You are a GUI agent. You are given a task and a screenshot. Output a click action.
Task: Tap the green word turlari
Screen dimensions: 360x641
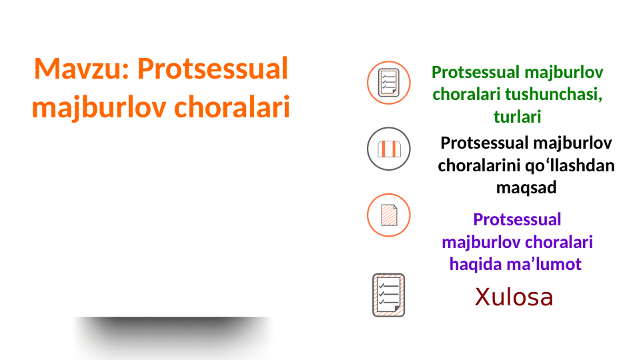click(x=517, y=117)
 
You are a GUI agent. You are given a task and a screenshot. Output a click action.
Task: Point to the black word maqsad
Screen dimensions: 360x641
click(x=526, y=188)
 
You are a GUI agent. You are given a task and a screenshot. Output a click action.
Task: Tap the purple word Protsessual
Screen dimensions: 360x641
click(x=517, y=219)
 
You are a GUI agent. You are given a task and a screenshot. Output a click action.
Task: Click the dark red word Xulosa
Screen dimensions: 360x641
click(x=514, y=297)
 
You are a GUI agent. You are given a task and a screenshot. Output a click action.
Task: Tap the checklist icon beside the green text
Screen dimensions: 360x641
click(x=388, y=83)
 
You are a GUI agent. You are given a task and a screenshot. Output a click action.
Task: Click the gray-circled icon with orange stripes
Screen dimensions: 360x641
click(x=388, y=149)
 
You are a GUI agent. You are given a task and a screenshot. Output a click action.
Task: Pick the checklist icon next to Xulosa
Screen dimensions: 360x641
click(x=388, y=295)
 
